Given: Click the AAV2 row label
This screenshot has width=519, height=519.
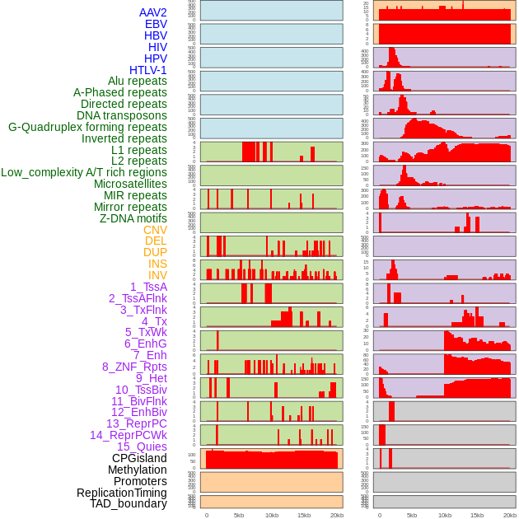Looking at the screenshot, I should pyautogui.click(x=153, y=12).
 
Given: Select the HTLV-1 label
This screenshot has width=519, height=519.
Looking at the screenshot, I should pyautogui.click(x=148, y=70).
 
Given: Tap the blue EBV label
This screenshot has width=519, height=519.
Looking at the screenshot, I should pyautogui.click(x=156, y=24).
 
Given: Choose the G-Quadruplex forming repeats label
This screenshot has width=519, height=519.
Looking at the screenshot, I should pyautogui.click(x=87, y=127).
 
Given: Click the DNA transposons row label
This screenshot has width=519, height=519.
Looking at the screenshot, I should pyautogui.click(x=122, y=115).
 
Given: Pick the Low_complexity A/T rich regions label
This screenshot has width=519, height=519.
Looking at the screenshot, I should pyautogui.click(x=84, y=172).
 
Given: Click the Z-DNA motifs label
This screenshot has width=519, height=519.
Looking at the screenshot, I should pyautogui.click(x=133, y=218).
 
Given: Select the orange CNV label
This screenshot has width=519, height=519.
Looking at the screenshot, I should pyautogui.click(x=155, y=230).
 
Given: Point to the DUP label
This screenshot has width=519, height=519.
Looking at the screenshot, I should pyautogui.click(x=155, y=252).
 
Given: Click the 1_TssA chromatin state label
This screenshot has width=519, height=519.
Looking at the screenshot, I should pyautogui.click(x=148, y=287).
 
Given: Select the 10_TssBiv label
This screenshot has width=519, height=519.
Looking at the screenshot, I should pyautogui.click(x=141, y=390).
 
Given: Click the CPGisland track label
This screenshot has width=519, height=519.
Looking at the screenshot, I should pyautogui.click(x=139, y=458).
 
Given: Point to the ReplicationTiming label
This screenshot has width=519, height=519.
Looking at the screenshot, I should pyautogui.click(x=121, y=493).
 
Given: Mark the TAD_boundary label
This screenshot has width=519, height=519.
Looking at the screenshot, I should pyautogui.click(x=129, y=503).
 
